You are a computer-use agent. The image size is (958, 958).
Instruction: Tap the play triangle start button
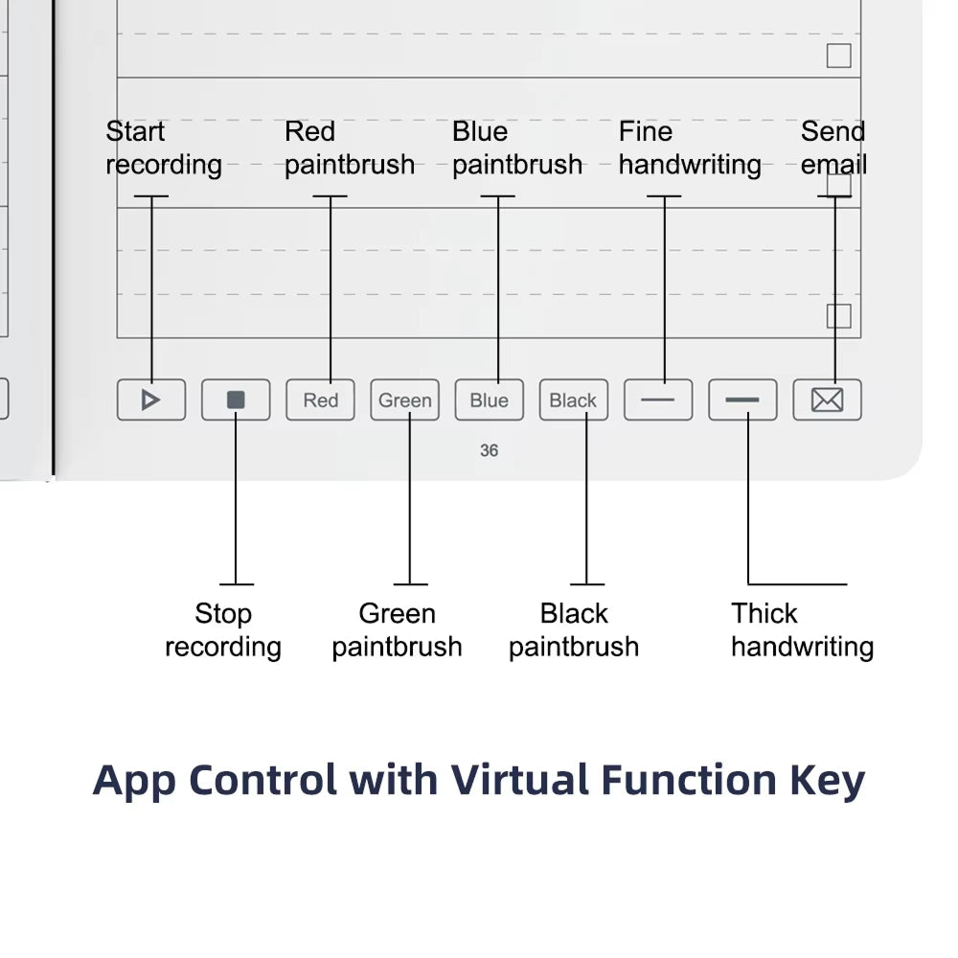(x=151, y=400)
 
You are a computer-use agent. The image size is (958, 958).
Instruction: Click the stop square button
(x=236, y=400)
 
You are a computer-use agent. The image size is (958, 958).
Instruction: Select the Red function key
(x=320, y=400)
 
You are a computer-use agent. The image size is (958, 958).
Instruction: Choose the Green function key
(x=404, y=400)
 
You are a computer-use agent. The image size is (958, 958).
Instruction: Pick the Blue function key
(x=489, y=400)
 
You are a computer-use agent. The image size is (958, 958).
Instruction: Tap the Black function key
(x=573, y=400)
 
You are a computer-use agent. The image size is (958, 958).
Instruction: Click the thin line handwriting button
(x=658, y=400)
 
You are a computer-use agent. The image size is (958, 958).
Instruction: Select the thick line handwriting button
(x=742, y=400)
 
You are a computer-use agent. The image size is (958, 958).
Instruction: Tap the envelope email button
(x=827, y=400)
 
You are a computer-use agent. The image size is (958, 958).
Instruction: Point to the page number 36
(x=489, y=450)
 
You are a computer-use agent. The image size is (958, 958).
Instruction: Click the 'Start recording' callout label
(x=163, y=148)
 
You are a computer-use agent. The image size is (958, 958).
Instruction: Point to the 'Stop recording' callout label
(x=222, y=630)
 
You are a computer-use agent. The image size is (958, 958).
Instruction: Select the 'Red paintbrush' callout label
(x=349, y=148)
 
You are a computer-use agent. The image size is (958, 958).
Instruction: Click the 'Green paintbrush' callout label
(x=397, y=630)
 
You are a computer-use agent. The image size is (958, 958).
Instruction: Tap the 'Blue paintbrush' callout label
(x=516, y=148)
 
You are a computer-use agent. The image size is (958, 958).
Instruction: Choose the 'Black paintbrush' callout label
(x=573, y=630)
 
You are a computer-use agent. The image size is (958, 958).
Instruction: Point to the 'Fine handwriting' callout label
(x=689, y=148)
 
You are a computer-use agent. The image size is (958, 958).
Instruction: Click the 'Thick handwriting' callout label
(x=802, y=630)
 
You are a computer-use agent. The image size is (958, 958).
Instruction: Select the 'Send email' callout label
(x=833, y=148)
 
